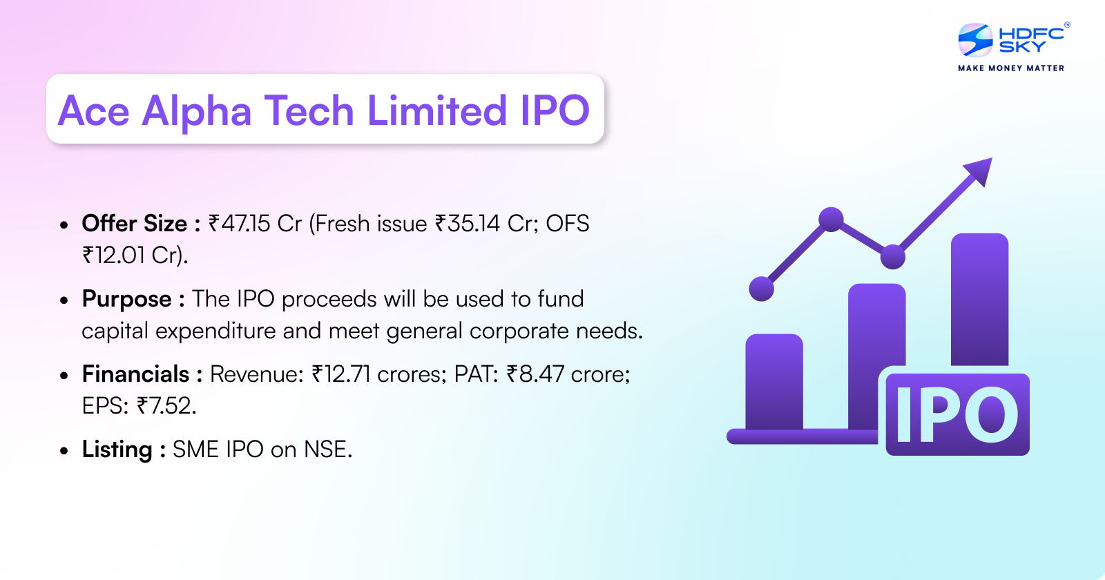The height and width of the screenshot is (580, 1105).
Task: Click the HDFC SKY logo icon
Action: click(x=975, y=40)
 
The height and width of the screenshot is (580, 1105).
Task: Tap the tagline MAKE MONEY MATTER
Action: click(x=1011, y=68)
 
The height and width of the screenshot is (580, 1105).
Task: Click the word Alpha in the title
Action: click(x=197, y=110)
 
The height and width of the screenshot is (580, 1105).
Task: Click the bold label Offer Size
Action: click(x=135, y=224)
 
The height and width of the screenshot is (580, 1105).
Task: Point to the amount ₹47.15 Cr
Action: click(x=255, y=224)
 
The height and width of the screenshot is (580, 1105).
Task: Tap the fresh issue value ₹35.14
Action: click(x=467, y=224)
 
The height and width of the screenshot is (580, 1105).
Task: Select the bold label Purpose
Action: click(x=126, y=299)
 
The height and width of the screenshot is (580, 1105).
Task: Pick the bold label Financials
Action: click(x=135, y=374)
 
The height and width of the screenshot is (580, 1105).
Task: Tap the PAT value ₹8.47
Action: click(x=535, y=374)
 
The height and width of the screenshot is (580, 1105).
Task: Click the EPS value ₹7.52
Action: click(x=166, y=406)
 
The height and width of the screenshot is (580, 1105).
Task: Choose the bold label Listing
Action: click(x=117, y=449)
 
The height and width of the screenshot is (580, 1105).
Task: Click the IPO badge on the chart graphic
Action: click(x=957, y=414)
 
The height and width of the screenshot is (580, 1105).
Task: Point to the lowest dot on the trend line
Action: click(x=762, y=289)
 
